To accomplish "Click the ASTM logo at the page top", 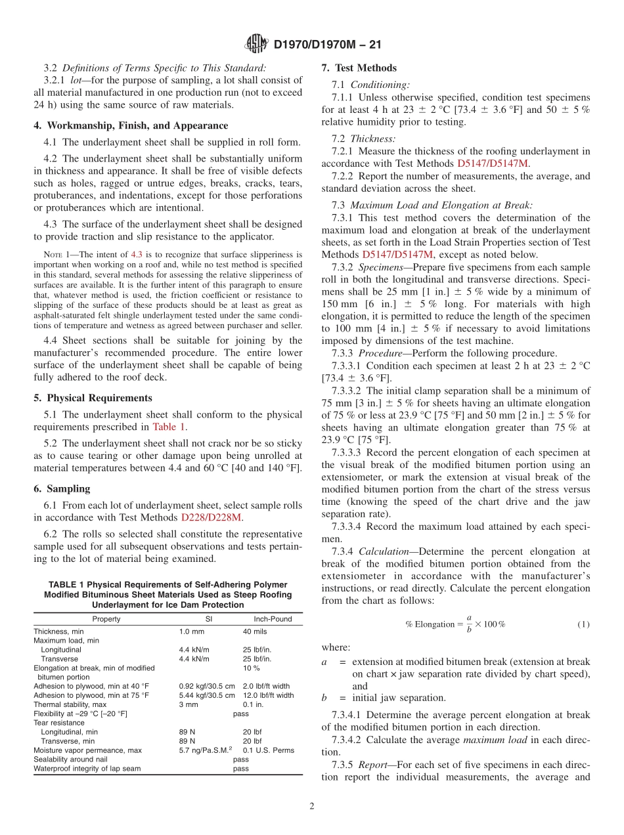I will coord(256,45).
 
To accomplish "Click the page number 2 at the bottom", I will coord(312,806).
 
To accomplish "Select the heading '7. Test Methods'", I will coord(359,68).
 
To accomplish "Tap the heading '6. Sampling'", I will coord(62,488).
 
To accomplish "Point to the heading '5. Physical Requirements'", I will coord(93,398).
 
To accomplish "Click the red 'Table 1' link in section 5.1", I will coord(169,427).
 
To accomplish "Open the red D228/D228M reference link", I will coord(212,517).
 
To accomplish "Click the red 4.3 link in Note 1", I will coord(156,253).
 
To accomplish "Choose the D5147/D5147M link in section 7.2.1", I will coord(493,163).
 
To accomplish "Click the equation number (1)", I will coord(583,624).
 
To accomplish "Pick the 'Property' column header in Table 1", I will coord(106,618).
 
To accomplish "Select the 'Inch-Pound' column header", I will coord(273,618).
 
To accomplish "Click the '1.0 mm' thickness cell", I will coord(192,632).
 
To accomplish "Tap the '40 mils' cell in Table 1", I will coord(255,632).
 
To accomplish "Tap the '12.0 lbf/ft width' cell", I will coord(268,695).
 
